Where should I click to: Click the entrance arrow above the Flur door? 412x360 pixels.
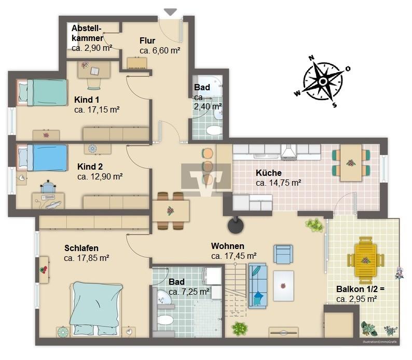(x=170, y=12)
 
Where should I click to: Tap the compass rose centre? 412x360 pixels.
(x=323, y=81)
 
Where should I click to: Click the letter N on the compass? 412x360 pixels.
(x=311, y=58)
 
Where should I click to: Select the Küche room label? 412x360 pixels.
(x=269, y=173)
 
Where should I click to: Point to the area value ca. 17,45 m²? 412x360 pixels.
(x=234, y=256)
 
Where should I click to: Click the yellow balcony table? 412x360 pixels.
(x=366, y=260)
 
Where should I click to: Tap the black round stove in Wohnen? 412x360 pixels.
(x=236, y=226)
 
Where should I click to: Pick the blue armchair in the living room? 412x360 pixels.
(x=283, y=254)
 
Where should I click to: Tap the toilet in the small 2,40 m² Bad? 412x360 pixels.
(x=214, y=130)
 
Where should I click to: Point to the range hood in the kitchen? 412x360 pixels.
(x=289, y=152)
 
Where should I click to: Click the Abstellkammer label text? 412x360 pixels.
(x=87, y=33)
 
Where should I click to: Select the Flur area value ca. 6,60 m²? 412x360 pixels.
(x=160, y=50)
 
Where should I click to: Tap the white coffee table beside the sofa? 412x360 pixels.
(x=283, y=286)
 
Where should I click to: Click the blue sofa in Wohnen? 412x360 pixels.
(x=257, y=286)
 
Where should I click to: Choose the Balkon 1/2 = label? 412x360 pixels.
(x=360, y=289)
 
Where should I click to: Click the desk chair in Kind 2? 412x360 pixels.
(x=48, y=187)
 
